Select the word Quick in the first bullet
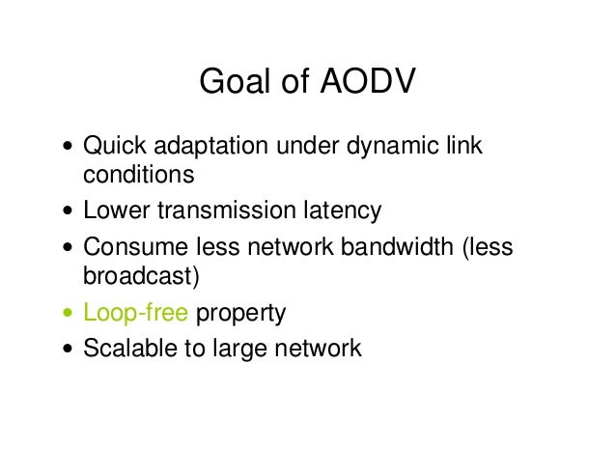click(x=113, y=148)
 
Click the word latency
click(x=338, y=210)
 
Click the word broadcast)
click(x=141, y=278)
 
